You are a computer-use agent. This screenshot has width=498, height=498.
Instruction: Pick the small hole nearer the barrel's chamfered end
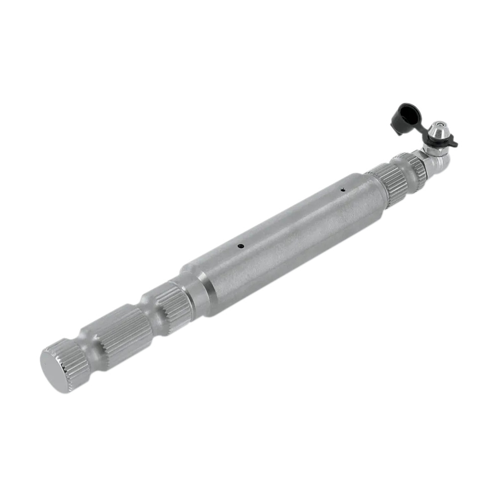(x=241, y=246)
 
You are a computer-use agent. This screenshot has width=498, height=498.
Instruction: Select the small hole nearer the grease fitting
(x=343, y=189)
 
